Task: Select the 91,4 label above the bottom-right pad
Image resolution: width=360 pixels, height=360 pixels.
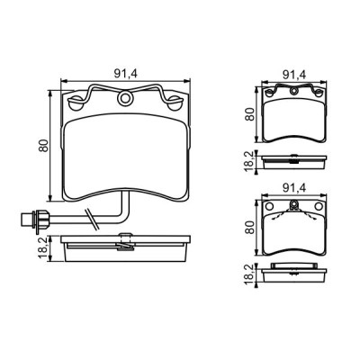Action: (295, 190)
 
